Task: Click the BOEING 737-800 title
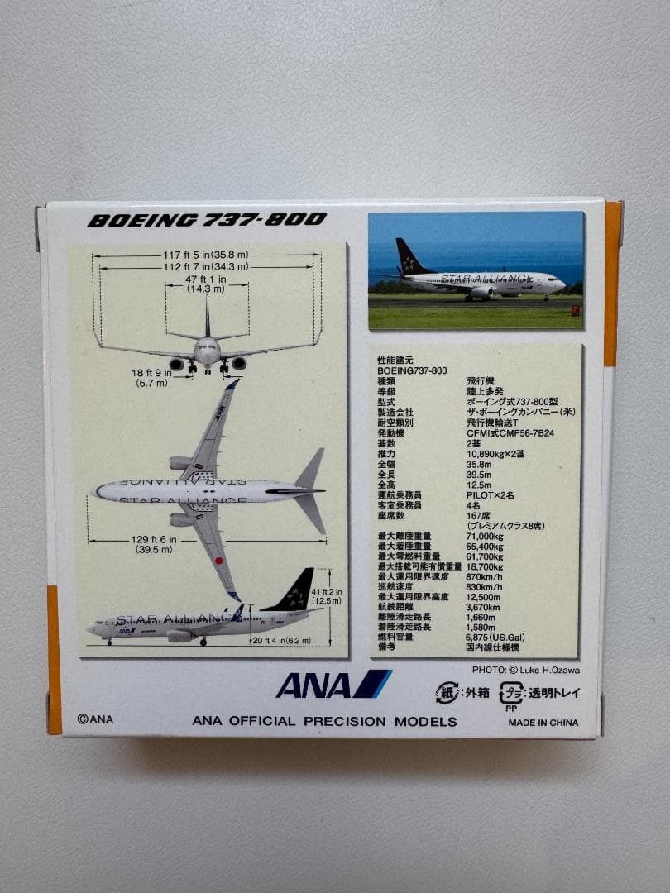[x=207, y=220]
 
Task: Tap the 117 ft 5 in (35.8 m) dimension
[x=206, y=255]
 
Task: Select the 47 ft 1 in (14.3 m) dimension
[x=206, y=284]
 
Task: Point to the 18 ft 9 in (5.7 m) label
[x=151, y=378]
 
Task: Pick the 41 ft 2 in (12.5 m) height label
[x=327, y=595]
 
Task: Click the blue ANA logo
[x=333, y=685]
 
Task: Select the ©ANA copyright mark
[x=95, y=719]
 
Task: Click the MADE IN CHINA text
[x=543, y=722]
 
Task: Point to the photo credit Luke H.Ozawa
[x=525, y=670]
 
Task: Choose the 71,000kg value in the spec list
[x=486, y=537]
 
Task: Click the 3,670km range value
[x=484, y=607]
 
